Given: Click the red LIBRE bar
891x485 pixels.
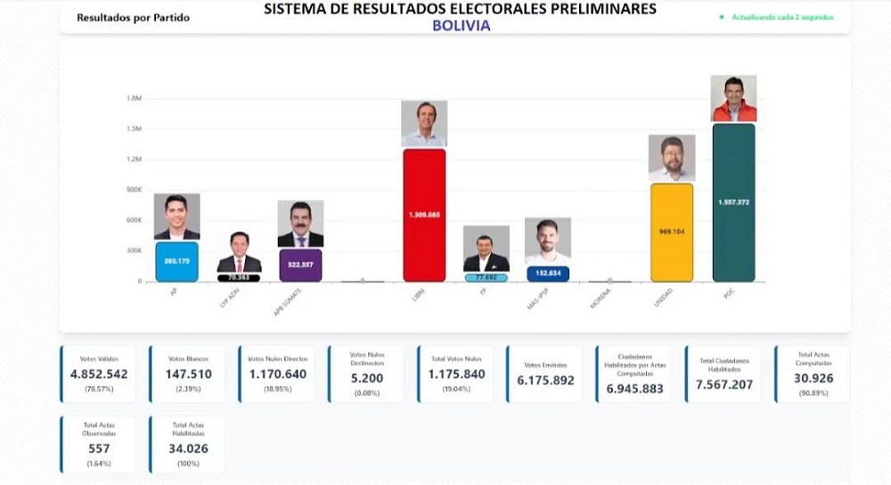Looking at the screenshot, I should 424,215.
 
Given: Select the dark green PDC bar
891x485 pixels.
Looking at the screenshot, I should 733,203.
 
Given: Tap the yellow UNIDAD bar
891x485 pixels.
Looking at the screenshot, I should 672,232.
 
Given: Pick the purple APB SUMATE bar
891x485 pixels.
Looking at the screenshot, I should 299,265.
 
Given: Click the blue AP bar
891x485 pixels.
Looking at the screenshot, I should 176,261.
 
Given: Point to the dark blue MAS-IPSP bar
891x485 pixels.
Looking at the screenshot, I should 548,274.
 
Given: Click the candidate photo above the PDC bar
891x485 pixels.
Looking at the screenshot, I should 733,98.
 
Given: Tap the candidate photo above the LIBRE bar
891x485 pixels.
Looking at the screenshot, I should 424,124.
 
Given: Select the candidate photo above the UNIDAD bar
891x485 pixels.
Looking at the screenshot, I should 672,158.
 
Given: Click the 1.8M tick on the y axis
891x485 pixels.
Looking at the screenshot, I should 135,98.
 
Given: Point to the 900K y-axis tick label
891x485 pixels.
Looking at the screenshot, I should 134,190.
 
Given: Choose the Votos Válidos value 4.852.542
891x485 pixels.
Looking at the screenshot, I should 99,374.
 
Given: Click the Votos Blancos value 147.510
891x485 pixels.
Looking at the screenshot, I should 188,374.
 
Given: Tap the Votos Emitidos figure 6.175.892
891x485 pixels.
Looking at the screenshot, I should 544,380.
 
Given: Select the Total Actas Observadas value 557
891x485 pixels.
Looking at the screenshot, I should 99,448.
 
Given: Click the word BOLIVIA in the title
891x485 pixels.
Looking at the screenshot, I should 461,26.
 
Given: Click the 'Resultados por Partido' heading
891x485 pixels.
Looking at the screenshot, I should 133,17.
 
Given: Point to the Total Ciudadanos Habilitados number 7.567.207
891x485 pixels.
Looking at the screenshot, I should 723,384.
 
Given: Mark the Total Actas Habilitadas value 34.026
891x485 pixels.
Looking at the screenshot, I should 188,448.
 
